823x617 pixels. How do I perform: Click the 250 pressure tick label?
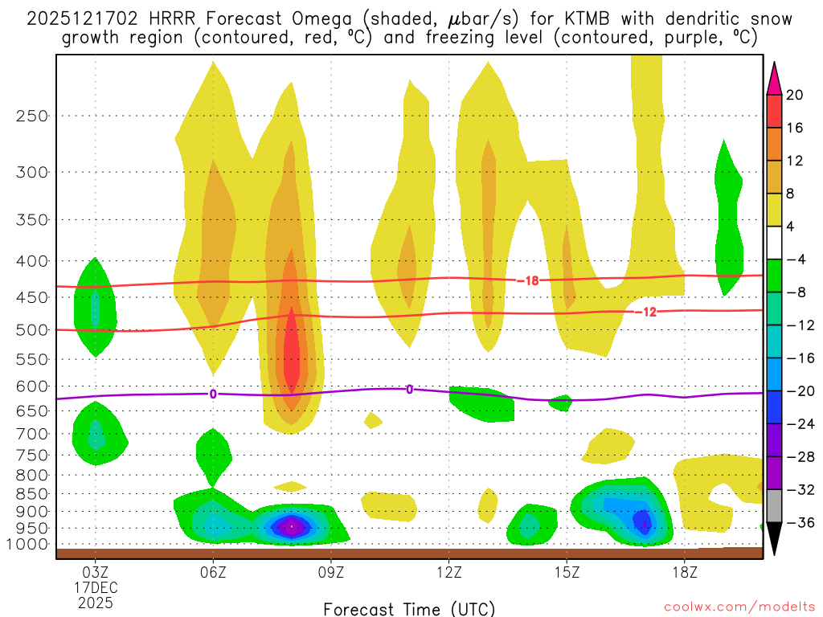tap(32, 116)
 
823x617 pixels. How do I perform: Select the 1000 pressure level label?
tap(28, 545)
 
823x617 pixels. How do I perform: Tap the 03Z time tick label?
tap(96, 572)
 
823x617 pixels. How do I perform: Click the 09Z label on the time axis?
tap(331, 572)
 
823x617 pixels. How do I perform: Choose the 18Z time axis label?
tap(684, 572)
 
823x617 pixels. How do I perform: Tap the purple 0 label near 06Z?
tap(213, 394)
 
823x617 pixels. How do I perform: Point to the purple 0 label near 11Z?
tap(409, 390)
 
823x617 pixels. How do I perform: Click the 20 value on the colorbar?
tap(795, 95)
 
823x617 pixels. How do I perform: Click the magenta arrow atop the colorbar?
tap(774, 77)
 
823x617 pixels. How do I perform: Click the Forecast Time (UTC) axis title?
tap(409, 608)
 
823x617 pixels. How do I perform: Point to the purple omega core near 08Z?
tap(292, 527)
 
